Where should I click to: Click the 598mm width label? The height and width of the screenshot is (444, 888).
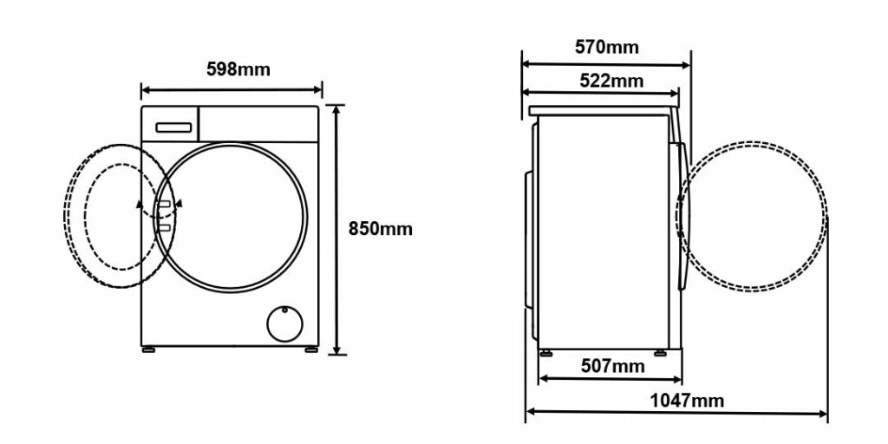click(238, 69)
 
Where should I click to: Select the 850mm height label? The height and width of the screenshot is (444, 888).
click(381, 229)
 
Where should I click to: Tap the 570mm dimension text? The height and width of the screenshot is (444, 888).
click(606, 47)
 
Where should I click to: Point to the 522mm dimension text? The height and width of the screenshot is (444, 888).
click(611, 81)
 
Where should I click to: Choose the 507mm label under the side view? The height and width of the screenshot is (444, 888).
click(613, 367)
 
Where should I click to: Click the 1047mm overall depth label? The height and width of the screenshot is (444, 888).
click(687, 401)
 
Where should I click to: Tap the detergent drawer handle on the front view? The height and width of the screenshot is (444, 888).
click(173, 127)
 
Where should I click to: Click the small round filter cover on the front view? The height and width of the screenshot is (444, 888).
click(284, 324)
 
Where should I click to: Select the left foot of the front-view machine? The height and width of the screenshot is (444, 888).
click(148, 350)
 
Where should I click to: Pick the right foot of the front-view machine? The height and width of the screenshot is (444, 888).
click(311, 350)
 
